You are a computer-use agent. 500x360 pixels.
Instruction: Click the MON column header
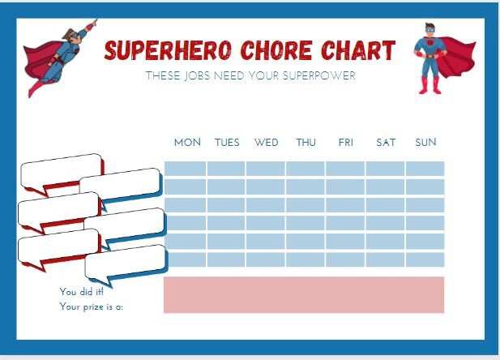point(187,143)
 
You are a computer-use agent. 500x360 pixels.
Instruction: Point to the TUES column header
point(227,143)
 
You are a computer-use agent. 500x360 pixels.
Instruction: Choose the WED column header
point(266,143)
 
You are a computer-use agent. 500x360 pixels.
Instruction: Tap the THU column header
point(306,143)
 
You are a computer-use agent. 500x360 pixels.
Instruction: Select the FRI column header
point(346,143)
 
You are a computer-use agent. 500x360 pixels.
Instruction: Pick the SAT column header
point(386,143)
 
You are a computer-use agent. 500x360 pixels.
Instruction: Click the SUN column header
point(425,143)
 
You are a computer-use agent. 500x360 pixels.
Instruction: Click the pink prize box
point(304,294)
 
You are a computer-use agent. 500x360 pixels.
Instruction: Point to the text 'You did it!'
point(76,291)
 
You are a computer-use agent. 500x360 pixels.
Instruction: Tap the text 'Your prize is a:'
point(92,306)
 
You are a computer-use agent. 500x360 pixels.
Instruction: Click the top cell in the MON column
point(185,169)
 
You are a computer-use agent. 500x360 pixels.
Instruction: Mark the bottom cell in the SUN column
point(425,259)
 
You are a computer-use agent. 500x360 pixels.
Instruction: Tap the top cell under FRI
point(345,169)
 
